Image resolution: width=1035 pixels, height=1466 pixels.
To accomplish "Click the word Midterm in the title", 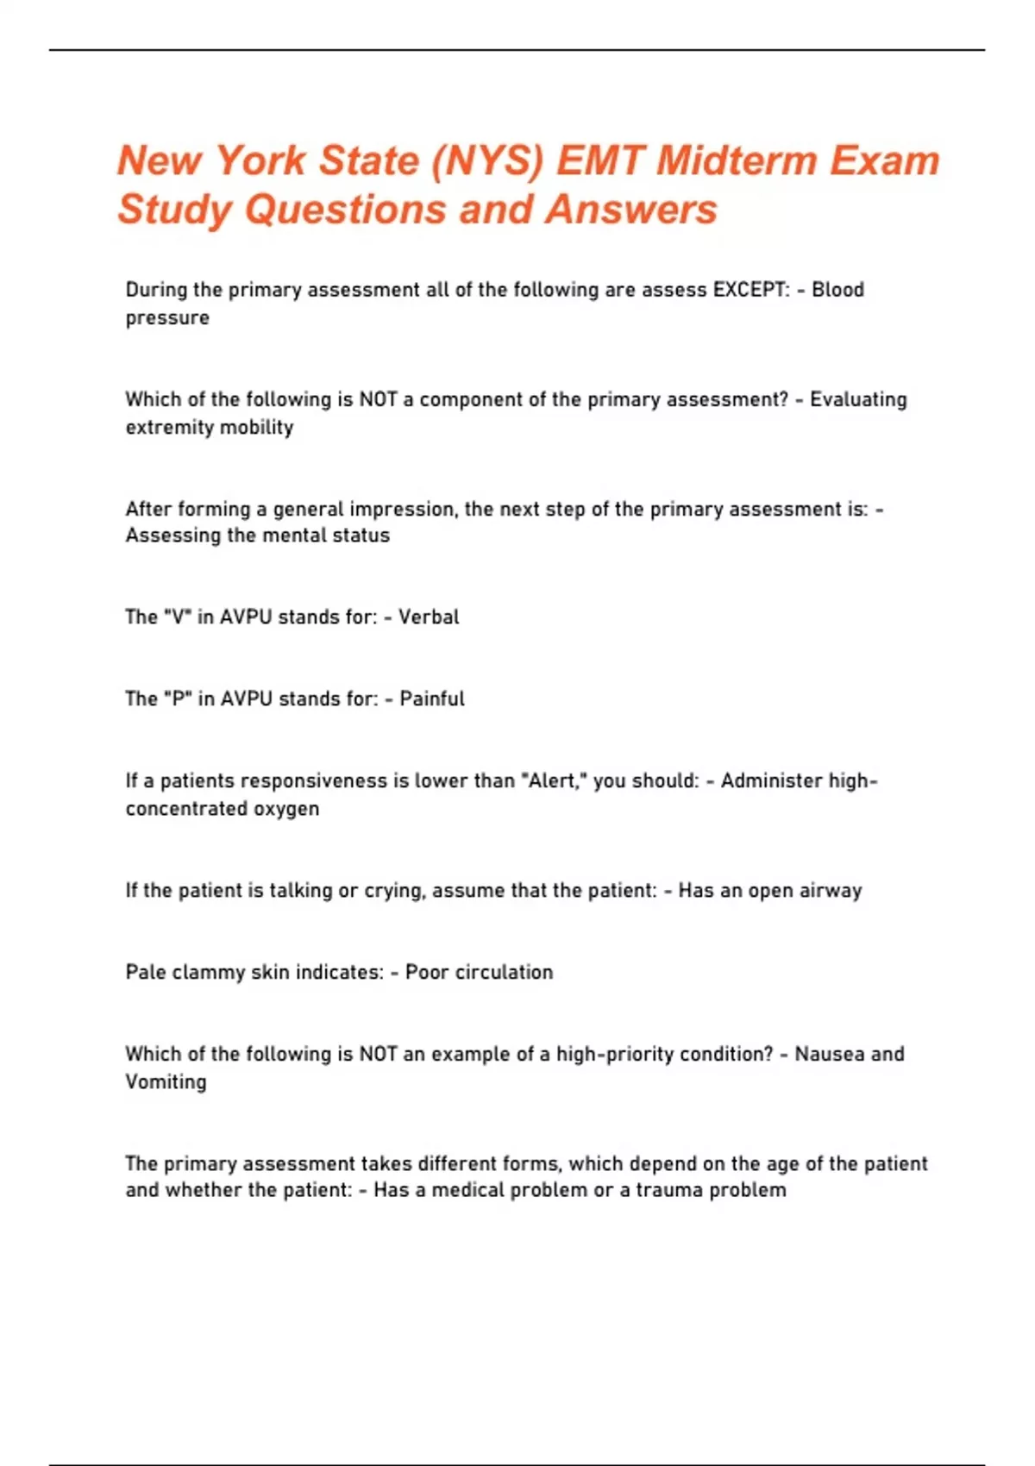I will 736,160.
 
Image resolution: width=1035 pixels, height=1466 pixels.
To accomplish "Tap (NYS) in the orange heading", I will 487,161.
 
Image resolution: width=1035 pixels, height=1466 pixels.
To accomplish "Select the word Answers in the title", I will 631,210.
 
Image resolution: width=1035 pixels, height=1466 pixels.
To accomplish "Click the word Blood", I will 837,290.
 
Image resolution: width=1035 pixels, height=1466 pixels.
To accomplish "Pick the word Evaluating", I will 858,399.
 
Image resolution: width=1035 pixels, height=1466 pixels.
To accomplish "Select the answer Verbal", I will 429,617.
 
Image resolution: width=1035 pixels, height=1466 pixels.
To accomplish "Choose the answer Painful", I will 432,699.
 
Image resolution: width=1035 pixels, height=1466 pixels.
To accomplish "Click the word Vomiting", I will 166,1081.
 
